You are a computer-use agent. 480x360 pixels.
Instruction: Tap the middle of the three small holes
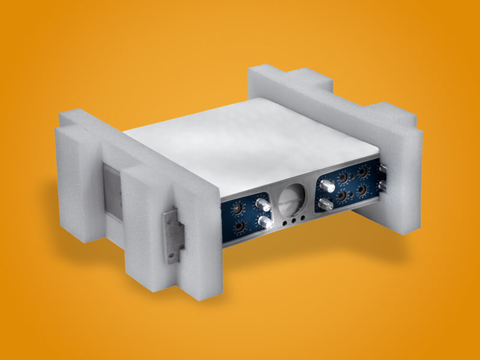coord(292,220)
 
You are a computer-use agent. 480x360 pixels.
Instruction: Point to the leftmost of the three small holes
coord(282,222)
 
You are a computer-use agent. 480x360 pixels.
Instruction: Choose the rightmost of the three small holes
coord(302,218)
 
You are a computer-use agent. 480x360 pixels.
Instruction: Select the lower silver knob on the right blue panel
coord(325,204)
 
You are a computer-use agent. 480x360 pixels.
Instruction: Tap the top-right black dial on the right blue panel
coord(363,172)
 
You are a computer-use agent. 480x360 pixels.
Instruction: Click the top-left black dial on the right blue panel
coord(343,178)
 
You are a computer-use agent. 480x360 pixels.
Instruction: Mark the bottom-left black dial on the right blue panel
coord(341,196)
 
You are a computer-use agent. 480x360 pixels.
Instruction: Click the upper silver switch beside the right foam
coord(381,169)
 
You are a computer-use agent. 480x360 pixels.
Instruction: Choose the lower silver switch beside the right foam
coord(381,187)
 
